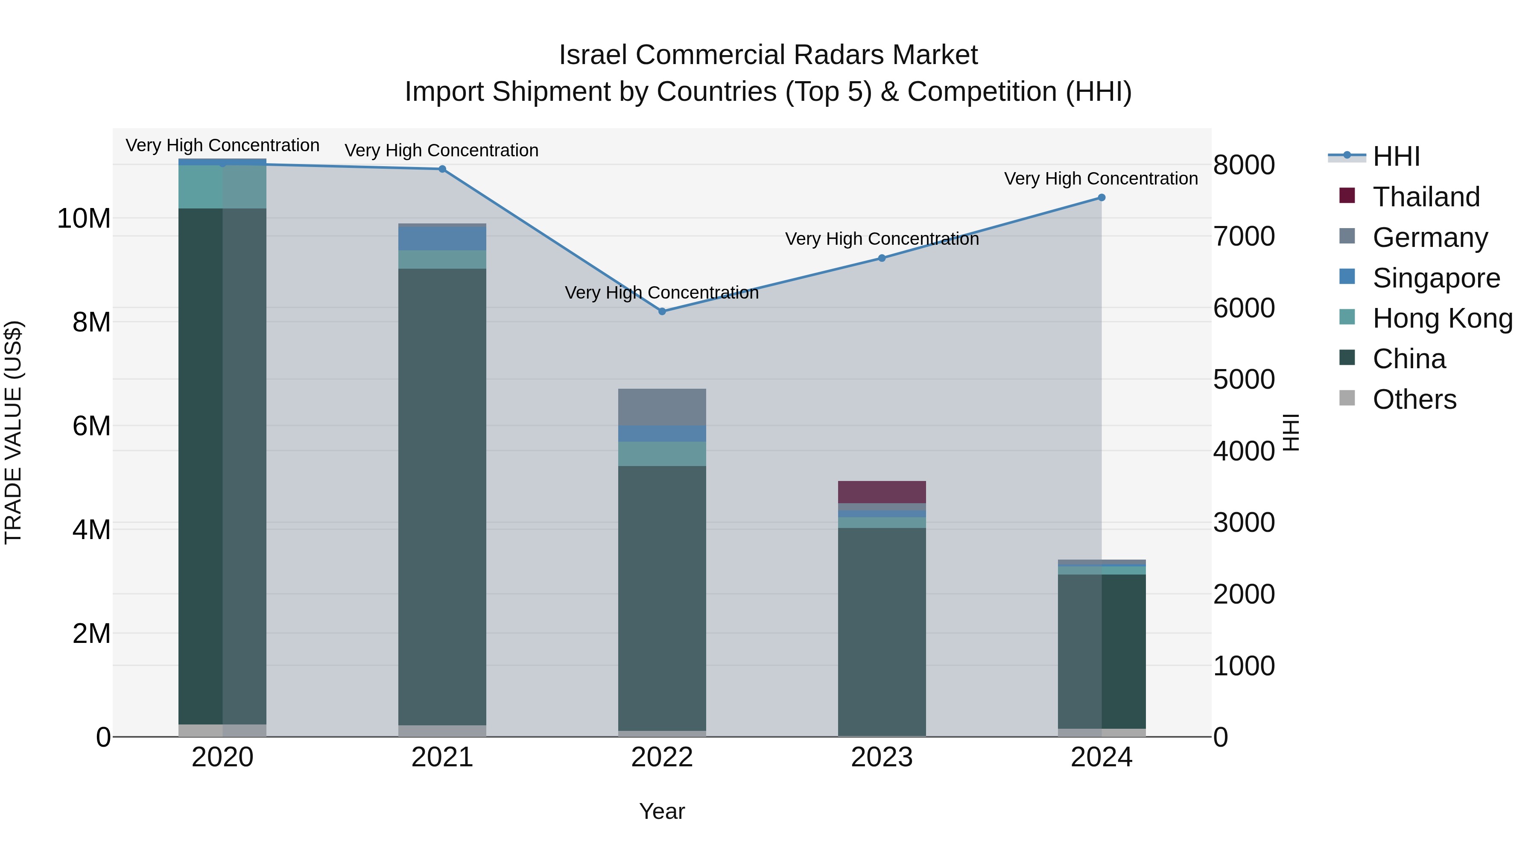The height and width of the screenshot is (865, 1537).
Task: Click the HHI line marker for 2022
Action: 662,311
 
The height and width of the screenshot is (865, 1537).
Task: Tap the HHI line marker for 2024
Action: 1102,198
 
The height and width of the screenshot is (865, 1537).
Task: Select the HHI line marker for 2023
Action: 882,258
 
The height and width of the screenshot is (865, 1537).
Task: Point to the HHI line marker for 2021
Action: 442,169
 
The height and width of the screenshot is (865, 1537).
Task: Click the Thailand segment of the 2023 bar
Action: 882,492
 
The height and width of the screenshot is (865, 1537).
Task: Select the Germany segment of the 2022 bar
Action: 662,407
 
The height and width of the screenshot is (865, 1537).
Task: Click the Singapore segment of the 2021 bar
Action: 442,239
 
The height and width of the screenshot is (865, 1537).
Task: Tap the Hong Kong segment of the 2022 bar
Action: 662,454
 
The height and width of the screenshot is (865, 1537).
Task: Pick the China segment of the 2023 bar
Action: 882,632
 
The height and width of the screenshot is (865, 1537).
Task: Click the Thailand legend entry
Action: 1426,196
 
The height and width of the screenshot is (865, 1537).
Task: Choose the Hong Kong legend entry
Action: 1442,318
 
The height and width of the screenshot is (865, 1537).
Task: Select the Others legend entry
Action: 1414,399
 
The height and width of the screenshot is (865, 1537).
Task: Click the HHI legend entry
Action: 1396,156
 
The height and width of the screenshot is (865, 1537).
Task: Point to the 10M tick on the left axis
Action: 84,218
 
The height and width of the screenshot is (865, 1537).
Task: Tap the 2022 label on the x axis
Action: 662,757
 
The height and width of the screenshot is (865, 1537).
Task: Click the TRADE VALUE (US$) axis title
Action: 13,432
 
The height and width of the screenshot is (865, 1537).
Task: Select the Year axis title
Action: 662,811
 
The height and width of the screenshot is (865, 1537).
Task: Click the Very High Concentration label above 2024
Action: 1101,179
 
